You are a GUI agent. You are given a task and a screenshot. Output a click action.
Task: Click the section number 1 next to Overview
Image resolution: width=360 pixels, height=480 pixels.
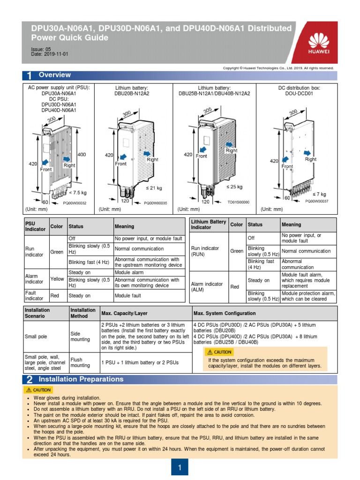pos(29,76)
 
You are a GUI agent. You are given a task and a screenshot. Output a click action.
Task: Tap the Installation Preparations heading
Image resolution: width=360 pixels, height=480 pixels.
pos(81,379)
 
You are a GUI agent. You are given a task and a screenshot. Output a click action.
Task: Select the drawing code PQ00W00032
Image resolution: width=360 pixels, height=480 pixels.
pos(75,202)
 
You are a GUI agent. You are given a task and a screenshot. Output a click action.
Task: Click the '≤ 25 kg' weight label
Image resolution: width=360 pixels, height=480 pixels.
pos(234,187)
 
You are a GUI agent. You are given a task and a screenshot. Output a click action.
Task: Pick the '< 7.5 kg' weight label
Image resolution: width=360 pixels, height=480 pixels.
pos(78,192)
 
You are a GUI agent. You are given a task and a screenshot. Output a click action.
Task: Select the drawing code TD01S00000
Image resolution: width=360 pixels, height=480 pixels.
pos(238,202)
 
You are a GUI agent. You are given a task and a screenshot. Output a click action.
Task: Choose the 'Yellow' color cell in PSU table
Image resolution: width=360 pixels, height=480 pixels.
pos(57,279)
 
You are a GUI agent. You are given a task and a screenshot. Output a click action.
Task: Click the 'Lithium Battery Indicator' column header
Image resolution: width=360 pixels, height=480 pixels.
pos(208,225)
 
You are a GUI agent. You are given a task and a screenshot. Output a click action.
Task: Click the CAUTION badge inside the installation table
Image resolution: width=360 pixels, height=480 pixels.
pos(219,352)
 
